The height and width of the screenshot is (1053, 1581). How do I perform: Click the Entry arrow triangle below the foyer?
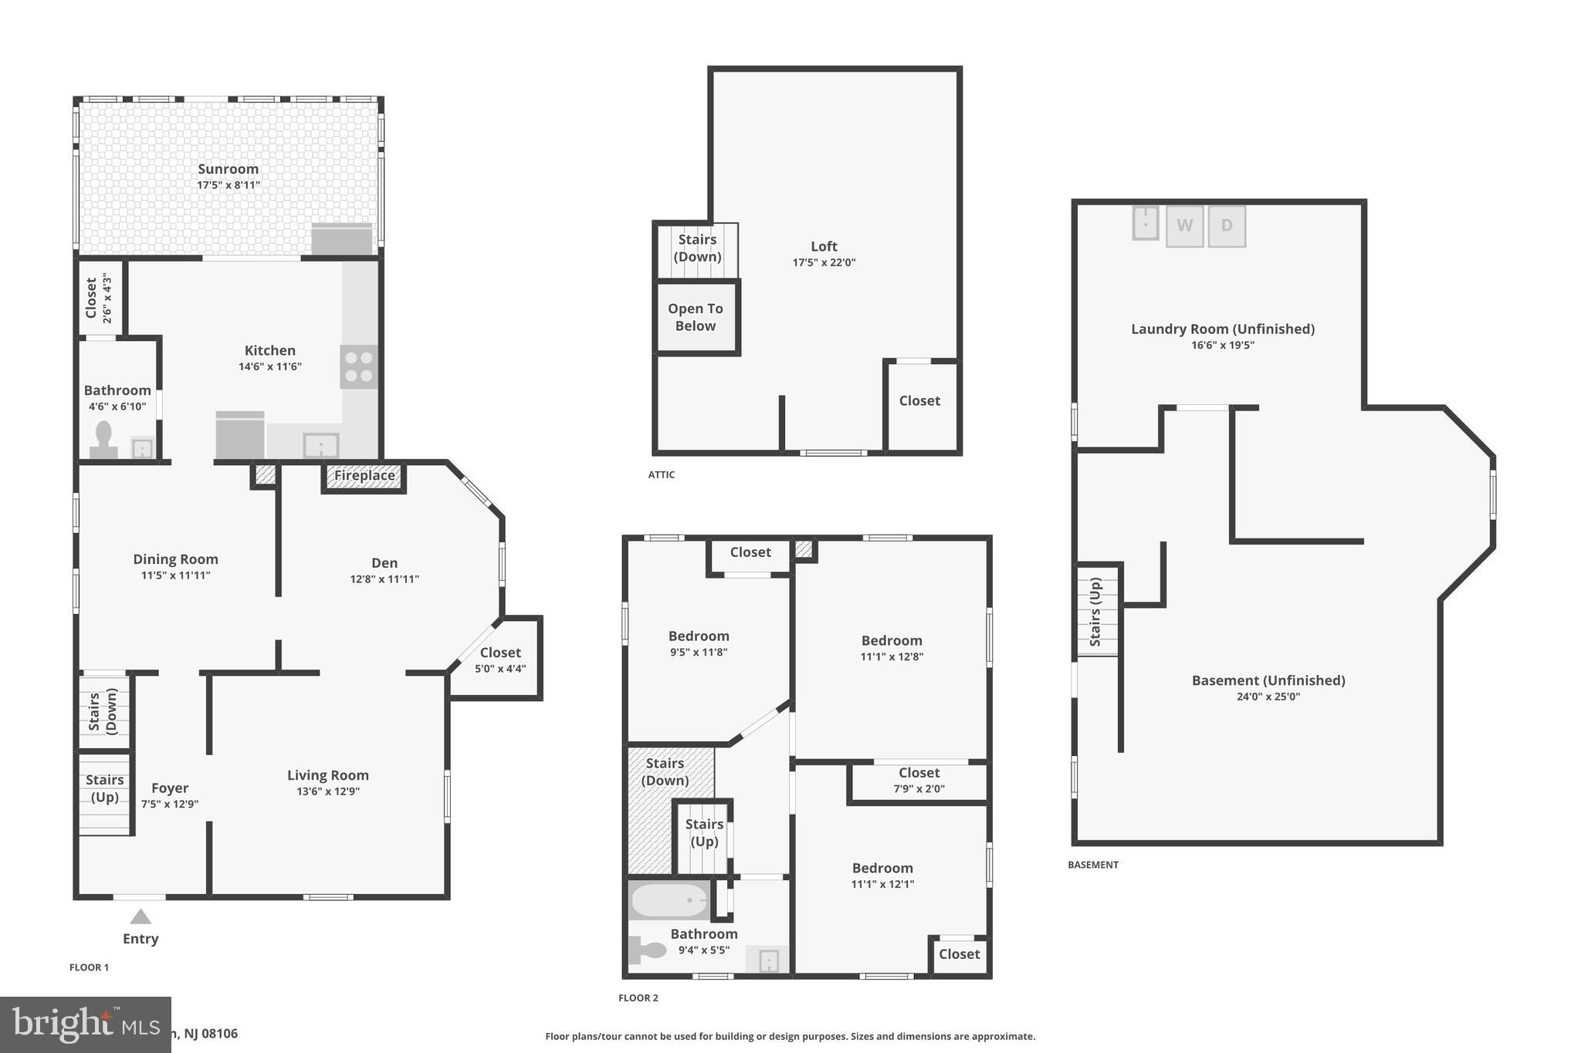(x=140, y=916)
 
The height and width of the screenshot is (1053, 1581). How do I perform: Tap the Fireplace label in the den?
(x=364, y=475)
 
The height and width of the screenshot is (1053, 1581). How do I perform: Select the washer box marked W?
(x=1184, y=226)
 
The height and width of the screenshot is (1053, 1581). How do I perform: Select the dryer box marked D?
(x=1227, y=226)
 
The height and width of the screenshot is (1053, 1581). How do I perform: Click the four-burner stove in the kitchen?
(x=359, y=366)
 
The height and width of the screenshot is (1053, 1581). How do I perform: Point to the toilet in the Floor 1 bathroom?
(x=103, y=440)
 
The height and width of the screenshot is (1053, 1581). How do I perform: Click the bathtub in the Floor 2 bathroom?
(x=669, y=900)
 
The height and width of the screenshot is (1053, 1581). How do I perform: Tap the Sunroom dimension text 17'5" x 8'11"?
(x=229, y=185)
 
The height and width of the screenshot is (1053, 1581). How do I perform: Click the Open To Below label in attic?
(x=696, y=317)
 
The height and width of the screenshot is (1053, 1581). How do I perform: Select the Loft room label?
(x=824, y=247)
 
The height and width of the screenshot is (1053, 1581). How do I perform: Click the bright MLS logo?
(x=85, y=1024)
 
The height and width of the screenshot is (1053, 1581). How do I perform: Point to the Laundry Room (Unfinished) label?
(x=1223, y=329)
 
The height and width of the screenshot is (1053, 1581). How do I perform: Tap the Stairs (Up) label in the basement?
(x=1095, y=612)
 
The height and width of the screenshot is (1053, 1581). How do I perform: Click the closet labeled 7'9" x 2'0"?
(x=919, y=780)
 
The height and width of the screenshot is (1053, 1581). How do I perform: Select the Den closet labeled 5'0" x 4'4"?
(x=500, y=660)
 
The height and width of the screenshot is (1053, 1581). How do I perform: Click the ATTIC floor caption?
(x=662, y=474)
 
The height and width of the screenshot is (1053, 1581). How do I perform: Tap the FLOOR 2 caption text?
(x=638, y=997)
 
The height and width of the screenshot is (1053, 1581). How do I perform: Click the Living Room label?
(x=328, y=775)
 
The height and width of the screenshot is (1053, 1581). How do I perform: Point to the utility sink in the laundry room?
(x=1146, y=223)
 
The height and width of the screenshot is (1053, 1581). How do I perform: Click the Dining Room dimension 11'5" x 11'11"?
(x=175, y=575)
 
